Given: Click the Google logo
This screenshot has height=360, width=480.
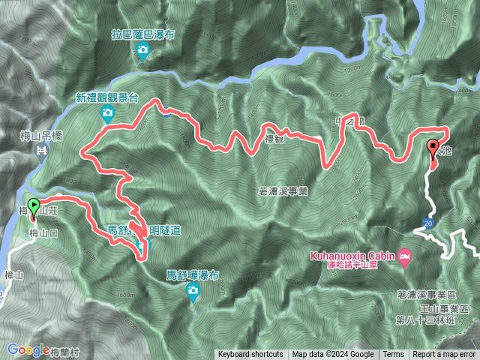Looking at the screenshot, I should click(28, 349).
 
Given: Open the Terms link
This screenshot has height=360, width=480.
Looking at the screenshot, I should click(393, 355).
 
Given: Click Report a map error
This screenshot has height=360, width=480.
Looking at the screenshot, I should click(444, 355).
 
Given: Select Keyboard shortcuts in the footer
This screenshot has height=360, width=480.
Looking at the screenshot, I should click(250, 355).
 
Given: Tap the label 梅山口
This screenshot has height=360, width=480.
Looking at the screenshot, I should click(43, 234).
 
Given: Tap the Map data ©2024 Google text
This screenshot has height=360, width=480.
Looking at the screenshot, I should click(333, 355).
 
